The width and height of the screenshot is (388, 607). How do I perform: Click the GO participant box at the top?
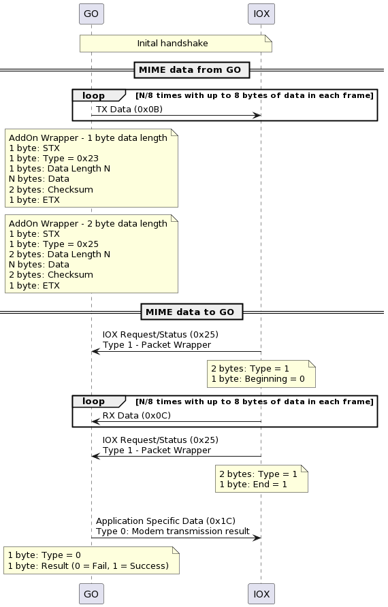(91, 14)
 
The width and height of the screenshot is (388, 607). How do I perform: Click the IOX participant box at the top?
(261, 14)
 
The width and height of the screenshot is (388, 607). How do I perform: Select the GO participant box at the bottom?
(91, 594)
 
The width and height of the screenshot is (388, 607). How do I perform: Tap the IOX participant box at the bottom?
(261, 594)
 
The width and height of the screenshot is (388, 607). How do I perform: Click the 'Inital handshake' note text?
(172, 44)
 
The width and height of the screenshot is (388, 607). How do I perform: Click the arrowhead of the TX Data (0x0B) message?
(257, 116)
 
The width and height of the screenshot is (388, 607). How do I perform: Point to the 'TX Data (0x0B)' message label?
(129, 109)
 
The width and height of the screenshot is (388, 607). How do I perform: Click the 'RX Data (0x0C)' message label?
(136, 415)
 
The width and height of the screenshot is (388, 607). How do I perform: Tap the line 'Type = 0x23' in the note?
(54, 159)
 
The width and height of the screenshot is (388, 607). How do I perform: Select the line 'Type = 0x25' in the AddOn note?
(54, 244)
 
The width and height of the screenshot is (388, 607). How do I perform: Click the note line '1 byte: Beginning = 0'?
(258, 379)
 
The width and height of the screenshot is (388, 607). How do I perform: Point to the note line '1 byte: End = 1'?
(253, 485)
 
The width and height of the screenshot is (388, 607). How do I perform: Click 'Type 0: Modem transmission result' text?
(173, 531)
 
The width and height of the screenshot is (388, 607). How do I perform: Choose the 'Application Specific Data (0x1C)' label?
(165, 521)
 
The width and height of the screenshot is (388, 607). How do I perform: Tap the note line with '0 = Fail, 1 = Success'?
(88, 566)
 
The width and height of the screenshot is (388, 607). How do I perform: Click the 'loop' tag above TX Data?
(94, 95)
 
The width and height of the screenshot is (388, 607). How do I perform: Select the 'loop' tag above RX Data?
(94, 401)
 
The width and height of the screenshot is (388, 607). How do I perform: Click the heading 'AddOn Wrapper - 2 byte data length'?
(88, 223)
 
